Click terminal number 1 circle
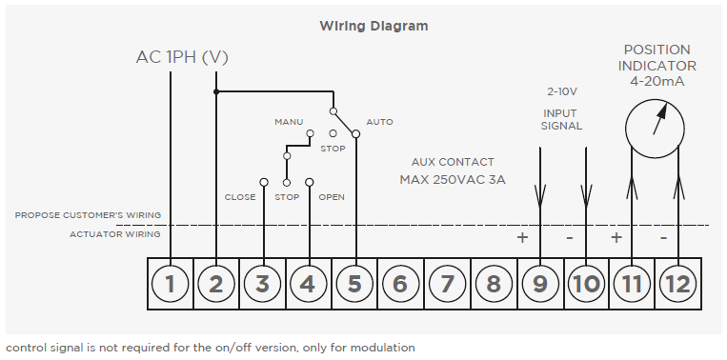point(171,284)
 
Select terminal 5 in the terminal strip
point(354,284)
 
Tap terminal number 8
point(494,284)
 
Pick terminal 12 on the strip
point(677,284)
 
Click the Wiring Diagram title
point(374,26)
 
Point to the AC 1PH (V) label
point(182,57)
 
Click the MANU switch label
point(289,122)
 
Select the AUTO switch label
point(380,122)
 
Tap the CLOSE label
point(240,197)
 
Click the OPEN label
point(332,197)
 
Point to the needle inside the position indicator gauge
point(660,119)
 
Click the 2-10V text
point(562,91)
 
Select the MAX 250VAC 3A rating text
point(453,180)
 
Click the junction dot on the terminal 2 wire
point(216,91)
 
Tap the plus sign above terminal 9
point(522,238)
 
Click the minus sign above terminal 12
point(663,238)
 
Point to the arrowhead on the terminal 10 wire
point(586,196)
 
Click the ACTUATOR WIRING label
point(115,234)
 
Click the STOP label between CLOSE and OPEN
point(287,197)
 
